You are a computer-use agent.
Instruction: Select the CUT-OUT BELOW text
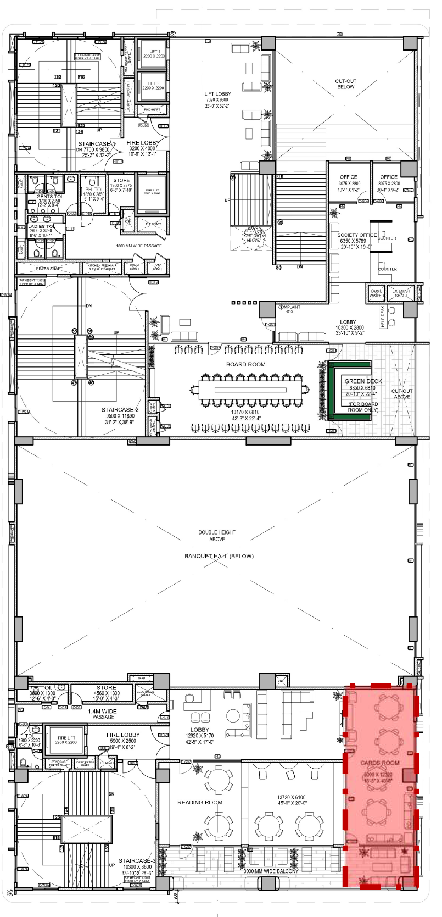click(x=345, y=84)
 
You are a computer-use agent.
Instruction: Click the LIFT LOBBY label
click(x=217, y=94)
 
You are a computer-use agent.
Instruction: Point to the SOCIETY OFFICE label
click(x=357, y=235)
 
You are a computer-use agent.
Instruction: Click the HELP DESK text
click(x=383, y=317)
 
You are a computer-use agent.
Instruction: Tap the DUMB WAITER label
click(x=377, y=293)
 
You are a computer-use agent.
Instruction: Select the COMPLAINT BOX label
click(x=289, y=309)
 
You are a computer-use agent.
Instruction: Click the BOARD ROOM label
click(x=245, y=364)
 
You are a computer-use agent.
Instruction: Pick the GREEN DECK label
click(x=363, y=381)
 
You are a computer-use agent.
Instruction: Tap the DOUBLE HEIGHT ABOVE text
click(x=217, y=536)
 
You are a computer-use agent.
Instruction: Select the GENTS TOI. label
click(x=50, y=196)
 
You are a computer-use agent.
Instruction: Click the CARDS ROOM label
click(x=379, y=763)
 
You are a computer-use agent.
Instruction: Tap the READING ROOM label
click(x=200, y=802)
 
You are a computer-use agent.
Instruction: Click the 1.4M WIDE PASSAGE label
click(x=103, y=714)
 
